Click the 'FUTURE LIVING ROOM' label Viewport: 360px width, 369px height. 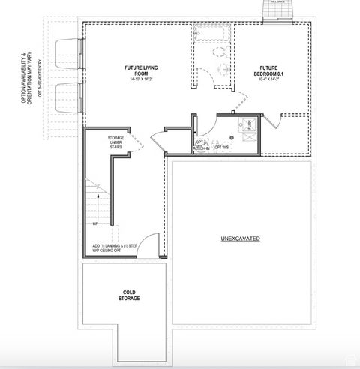[x=141, y=70]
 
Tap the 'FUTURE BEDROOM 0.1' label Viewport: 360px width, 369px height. [x=269, y=70]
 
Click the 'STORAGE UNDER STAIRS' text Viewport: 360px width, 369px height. [x=116, y=142]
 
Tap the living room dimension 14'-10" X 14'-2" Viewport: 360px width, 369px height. [x=140, y=79]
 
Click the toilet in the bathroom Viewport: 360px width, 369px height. [x=220, y=53]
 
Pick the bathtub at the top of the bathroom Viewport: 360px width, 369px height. [x=213, y=34]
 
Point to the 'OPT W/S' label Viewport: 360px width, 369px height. [x=223, y=147]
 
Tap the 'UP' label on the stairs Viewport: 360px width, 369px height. [x=96, y=223]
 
